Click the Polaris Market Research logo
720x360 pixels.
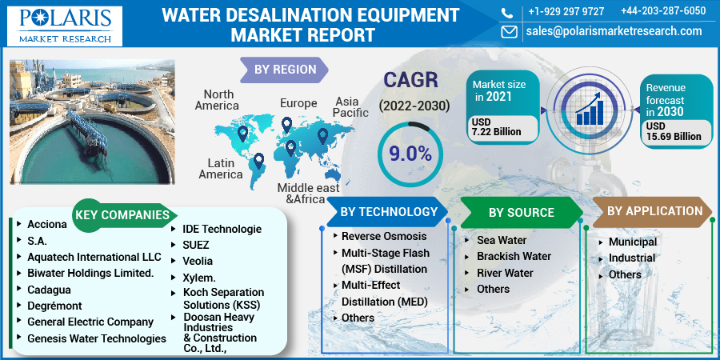pos(65,26)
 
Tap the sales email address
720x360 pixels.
pos(614,30)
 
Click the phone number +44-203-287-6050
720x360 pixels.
pos(663,11)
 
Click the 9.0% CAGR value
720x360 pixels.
pos(410,154)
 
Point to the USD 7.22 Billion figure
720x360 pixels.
pos(496,127)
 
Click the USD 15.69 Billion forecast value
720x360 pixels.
pos(674,131)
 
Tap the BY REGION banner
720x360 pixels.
pos(285,70)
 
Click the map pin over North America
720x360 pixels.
pos(242,134)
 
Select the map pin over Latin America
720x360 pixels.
pos(259,161)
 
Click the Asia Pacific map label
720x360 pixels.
pos(351,107)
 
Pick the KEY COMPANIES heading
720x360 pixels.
pos(122,215)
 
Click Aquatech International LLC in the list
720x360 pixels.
pos(94,256)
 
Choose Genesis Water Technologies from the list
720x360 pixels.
pos(97,339)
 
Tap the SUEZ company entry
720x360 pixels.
pos(196,245)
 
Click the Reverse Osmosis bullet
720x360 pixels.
pos(384,237)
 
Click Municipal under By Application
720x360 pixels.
pos(633,242)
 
